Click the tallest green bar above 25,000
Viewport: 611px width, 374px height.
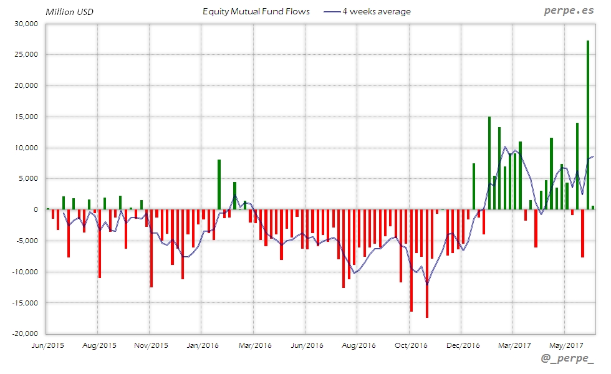(x=588, y=125)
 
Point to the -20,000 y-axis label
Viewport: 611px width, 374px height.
(x=24, y=333)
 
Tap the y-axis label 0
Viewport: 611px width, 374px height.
(x=36, y=209)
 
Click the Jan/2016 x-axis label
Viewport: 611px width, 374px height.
(x=202, y=345)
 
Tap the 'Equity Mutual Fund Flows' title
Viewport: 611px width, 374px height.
(x=256, y=11)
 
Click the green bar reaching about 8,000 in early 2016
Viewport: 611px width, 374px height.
(x=219, y=185)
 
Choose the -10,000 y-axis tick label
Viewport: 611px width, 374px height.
(x=24, y=272)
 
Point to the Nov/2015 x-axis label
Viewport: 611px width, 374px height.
(x=150, y=345)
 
